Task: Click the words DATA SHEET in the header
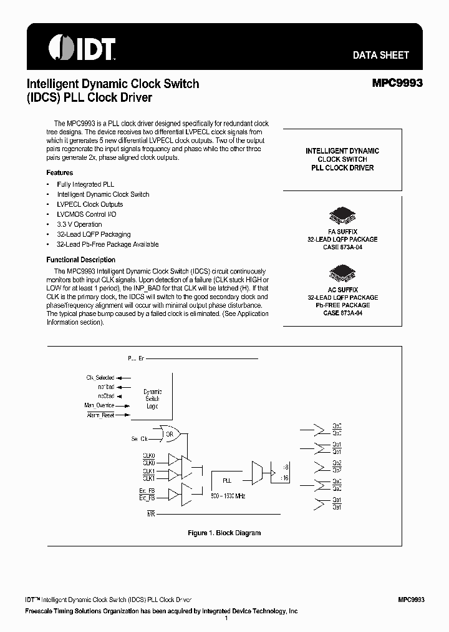point(380,55)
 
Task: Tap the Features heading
point(60,172)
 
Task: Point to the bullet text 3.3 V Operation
point(79,224)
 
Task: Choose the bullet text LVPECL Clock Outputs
point(90,204)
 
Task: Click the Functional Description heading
point(81,260)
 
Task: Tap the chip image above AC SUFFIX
point(342,273)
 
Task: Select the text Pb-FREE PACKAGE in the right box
point(342,305)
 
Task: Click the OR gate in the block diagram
point(169,433)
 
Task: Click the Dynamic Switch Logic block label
point(152,398)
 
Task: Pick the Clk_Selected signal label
point(100,378)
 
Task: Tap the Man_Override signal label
point(100,405)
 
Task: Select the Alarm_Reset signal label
point(100,415)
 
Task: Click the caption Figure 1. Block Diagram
point(224,533)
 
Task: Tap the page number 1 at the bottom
point(225,619)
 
